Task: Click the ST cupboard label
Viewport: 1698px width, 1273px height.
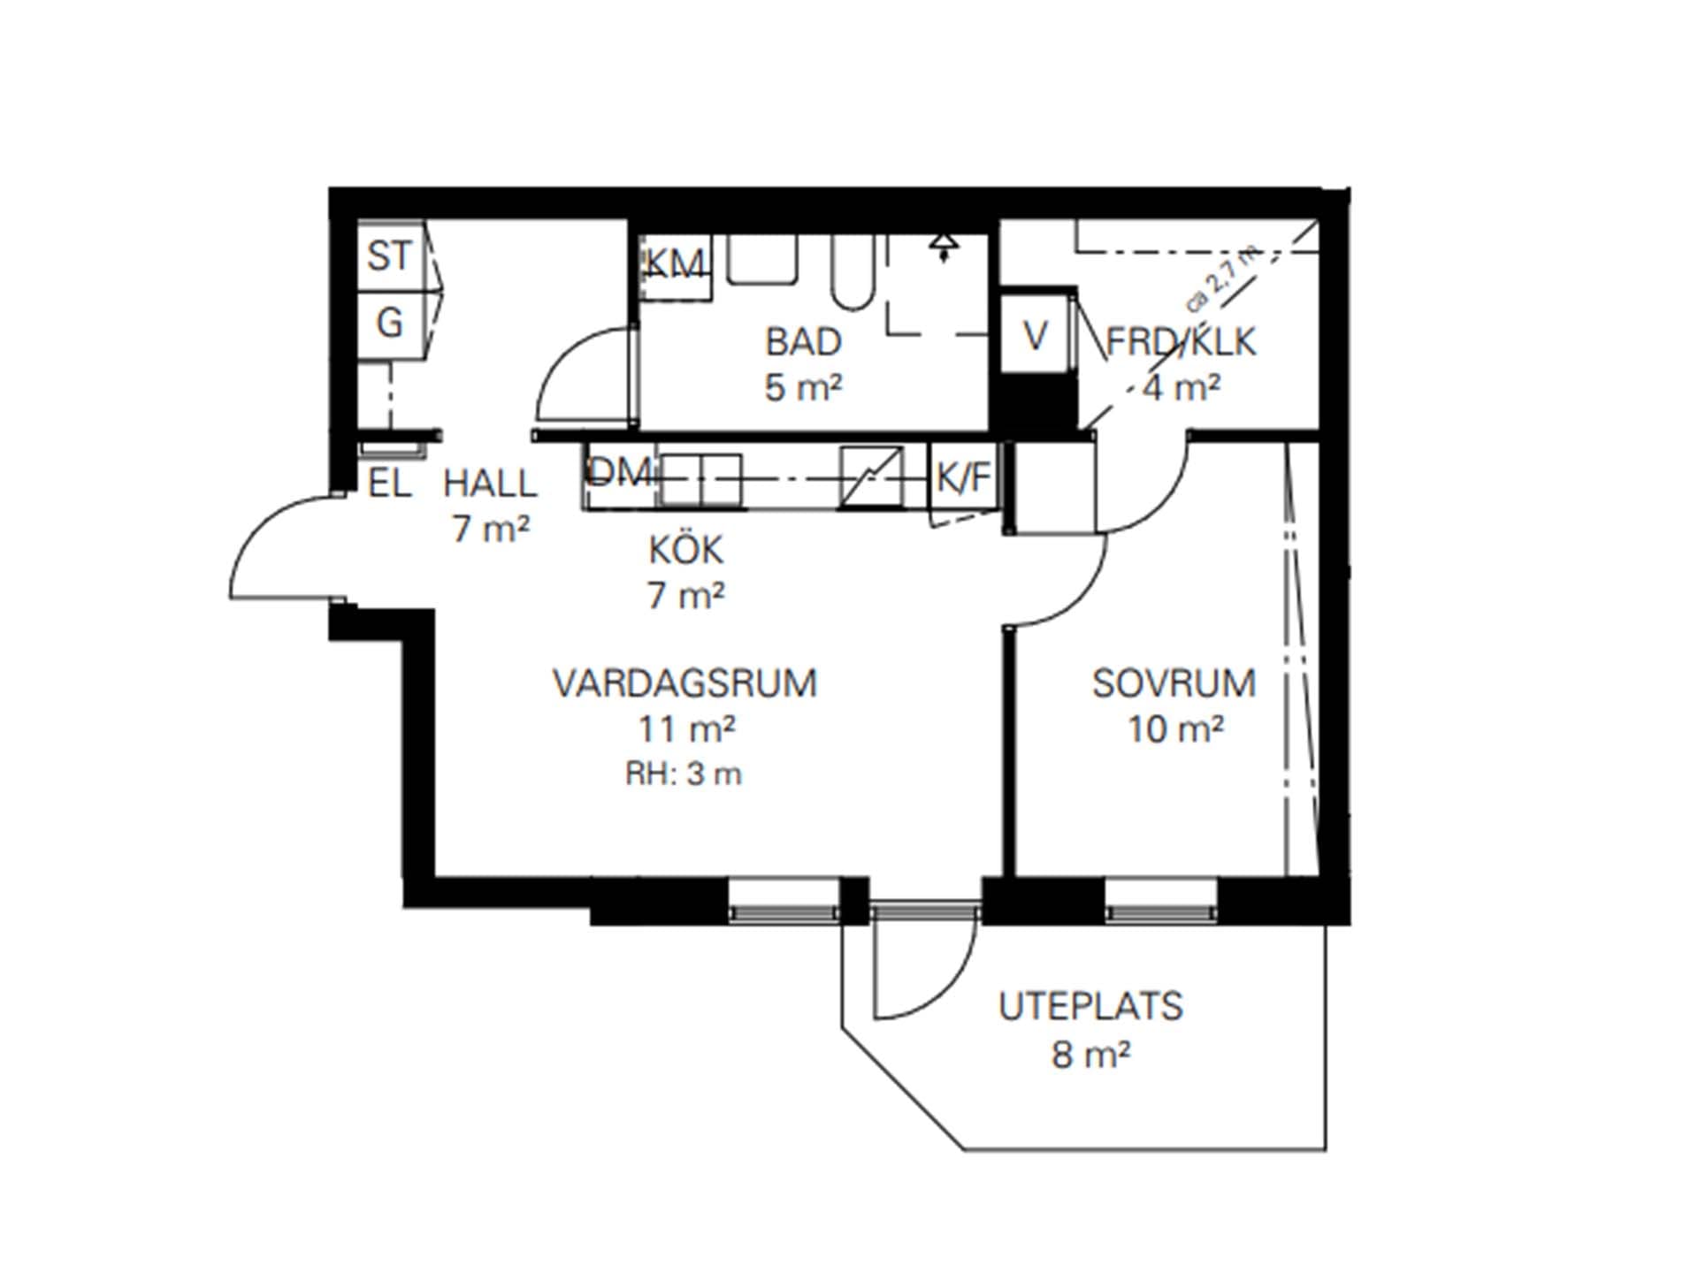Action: (x=389, y=256)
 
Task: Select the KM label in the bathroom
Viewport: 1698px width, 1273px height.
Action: (x=675, y=263)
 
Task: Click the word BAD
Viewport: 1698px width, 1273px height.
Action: (x=803, y=342)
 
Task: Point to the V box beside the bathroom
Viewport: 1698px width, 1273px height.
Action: (x=1036, y=335)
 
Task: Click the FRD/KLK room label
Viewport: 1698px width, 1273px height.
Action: (x=1181, y=342)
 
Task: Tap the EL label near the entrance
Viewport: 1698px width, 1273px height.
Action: (x=390, y=484)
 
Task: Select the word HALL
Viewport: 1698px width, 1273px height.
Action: (x=490, y=484)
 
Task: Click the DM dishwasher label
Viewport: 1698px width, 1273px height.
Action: (x=620, y=473)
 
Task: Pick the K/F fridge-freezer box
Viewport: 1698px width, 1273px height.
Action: (x=964, y=478)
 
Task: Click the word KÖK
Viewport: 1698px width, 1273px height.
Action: (x=686, y=550)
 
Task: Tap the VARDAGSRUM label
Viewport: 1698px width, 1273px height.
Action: (x=685, y=683)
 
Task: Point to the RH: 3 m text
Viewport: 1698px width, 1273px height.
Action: (x=684, y=774)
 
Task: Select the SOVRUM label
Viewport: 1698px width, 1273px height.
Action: (x=1174, y=683)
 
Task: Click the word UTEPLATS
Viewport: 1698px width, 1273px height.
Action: (x=1091, y=1007)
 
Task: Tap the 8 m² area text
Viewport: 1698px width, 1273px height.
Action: (x=1091, y=1054)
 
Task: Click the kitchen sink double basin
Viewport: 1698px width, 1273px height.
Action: (x=701, y=480)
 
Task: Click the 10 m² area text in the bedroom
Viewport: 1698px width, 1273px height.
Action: (x=1175, y=729)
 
